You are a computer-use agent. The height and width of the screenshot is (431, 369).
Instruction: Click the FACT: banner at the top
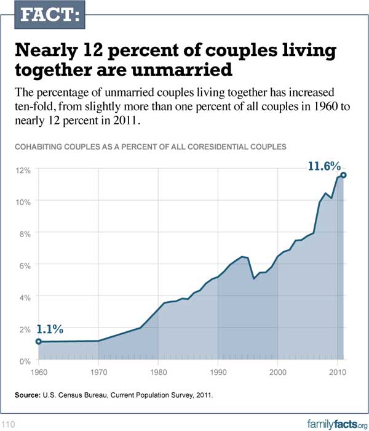tap(42, 16)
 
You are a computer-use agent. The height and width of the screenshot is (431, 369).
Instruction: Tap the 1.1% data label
tap(50, 329)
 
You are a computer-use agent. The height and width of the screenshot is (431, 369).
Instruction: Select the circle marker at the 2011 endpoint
tap(343, 175)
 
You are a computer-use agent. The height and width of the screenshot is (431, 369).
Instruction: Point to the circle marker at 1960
tap(38, 341)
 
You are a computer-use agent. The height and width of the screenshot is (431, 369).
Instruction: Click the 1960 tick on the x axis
tap(38, 373)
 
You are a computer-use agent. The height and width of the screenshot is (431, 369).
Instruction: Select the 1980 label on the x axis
tap(158, 373)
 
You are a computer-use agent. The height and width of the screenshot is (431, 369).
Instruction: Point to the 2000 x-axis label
tap(278, 373)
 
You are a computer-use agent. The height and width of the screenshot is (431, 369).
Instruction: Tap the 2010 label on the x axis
tap(337, 373)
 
